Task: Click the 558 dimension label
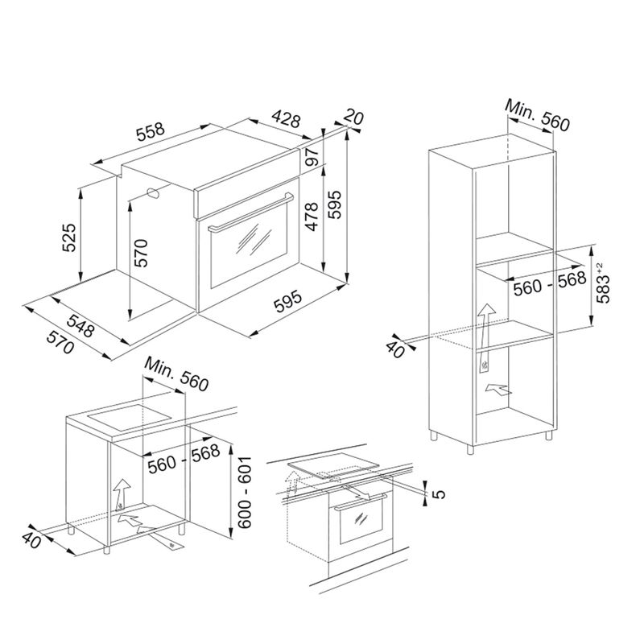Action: (x=151, y=131)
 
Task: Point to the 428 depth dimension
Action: (x=287, y=118)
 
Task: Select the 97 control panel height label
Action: (x=312, y=156)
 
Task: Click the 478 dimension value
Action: (x=312, y=217)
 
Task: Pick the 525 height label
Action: (x=69, y=237)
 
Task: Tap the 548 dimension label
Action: (x=80, y=325)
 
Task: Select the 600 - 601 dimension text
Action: (x=244, y=492)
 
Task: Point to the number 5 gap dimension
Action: (x=439, y=493)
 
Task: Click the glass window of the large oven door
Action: (x=252, y=245)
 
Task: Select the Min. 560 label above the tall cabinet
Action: (x=537, y=115)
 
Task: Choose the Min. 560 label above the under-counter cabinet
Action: (x=176, y=374)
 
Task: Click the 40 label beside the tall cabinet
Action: (x=395, y=349)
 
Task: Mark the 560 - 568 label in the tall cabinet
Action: (x=550, y=283)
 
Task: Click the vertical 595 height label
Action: (x=335, y=204)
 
